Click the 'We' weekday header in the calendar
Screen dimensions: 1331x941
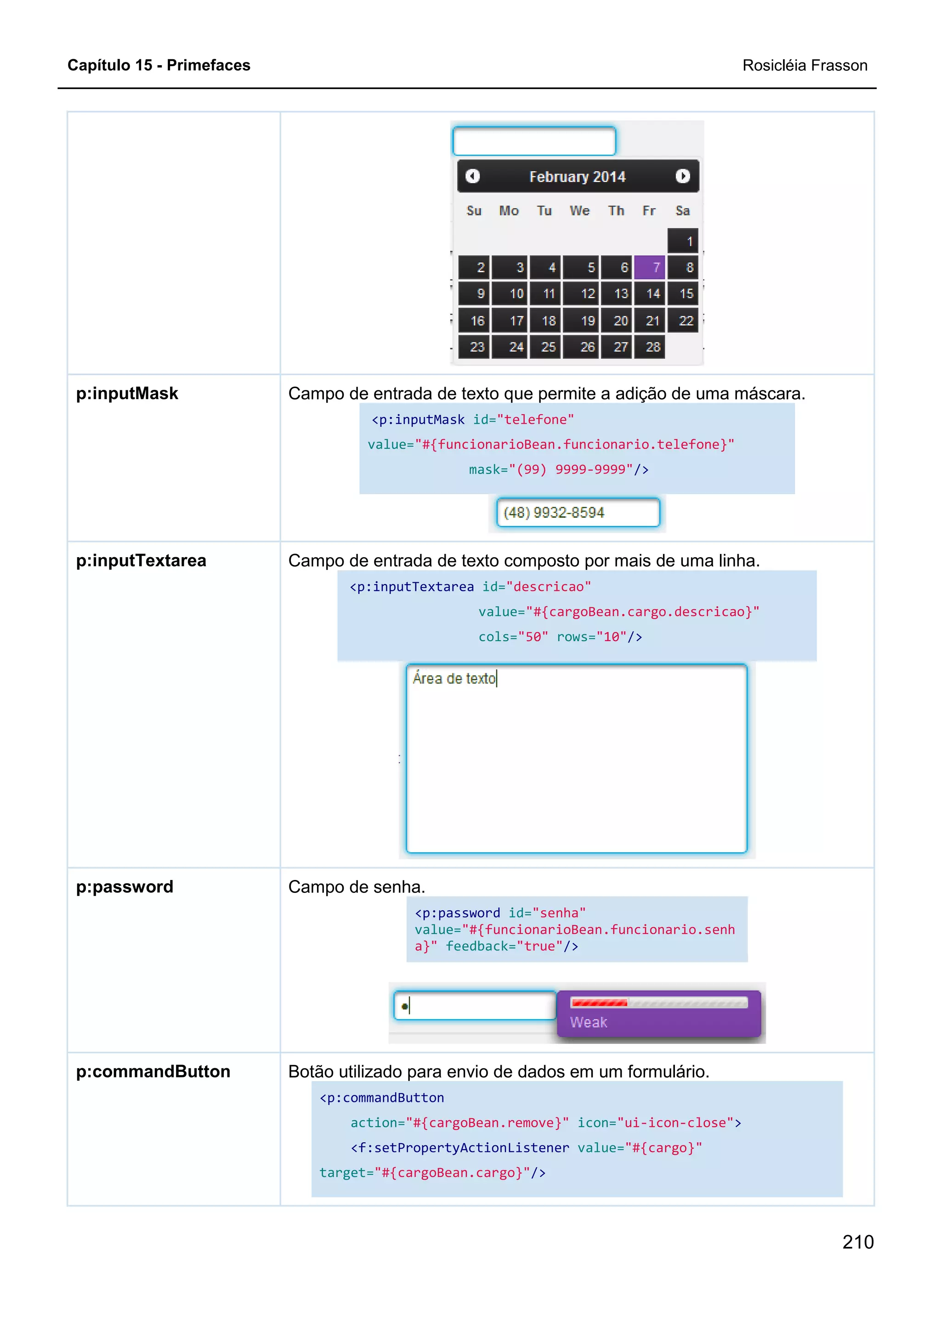pyautogui.click(x=579, y=211)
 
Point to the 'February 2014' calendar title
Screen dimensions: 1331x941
pyautogui.click(x=577, y=177)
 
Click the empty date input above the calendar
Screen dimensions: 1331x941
pyautogui.click(x=534, y=141)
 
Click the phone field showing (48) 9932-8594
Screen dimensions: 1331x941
pyautogui.click(x=578, y=513)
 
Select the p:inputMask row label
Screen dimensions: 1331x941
pyautogui.click(x=127, y=394)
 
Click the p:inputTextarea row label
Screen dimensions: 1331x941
pyautogui.click(x=141, y=561)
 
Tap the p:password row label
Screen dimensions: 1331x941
pyautogui.click(x=125, y=887)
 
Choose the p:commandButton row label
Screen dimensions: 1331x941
pyautogui.click(x=153, y=1072)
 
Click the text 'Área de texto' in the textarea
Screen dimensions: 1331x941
pyautogui.click(x=454, y=679)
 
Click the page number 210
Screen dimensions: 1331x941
pyautogui.click(x=857, y=1242)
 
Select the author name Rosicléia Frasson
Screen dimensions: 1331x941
pyautogui.click(x=805, y=66)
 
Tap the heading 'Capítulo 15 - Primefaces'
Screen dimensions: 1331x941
pyautogui.click(x=159, y=66)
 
